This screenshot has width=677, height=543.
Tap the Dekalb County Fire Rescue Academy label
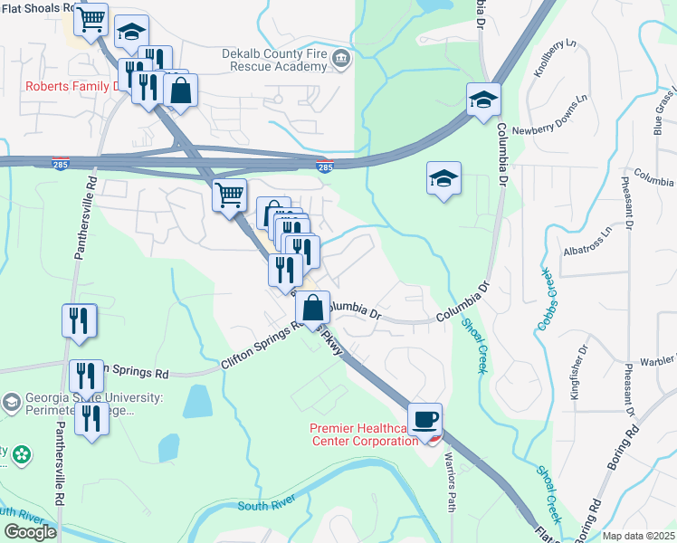click(273, 61)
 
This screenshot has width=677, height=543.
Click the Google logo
click(30, 531)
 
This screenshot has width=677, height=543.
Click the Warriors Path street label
click(450, 488)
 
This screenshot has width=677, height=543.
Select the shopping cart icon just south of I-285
click(229, 194)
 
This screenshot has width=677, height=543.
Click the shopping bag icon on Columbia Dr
click(312, 307)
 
